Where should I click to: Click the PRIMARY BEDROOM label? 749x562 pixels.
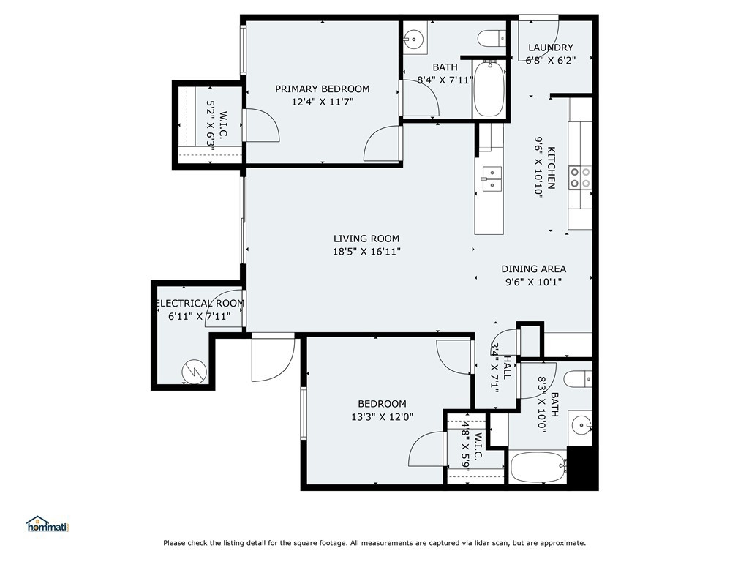click(323, 89)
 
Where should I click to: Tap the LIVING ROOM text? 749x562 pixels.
click(366, 239)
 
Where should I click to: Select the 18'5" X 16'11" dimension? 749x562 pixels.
click(366, 252)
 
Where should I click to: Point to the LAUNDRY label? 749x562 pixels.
click(551, 48)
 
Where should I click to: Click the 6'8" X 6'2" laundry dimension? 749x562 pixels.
click(551, 60)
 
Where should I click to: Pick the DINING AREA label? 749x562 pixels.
click(533, 269)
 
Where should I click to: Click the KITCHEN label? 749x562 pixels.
click(552, 168)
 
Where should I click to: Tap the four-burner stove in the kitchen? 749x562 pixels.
click(580, 177)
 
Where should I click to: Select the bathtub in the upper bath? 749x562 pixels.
click(488, 88)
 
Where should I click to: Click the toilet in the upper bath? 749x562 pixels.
click(492, 38)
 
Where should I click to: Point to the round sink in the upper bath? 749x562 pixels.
click(414, 37)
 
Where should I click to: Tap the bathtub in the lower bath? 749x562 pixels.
click(538, 467)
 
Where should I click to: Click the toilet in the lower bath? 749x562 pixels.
click(578, 380)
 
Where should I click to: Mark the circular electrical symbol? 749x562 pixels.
click(194, 370)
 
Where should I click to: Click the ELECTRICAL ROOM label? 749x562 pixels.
click(200, 304)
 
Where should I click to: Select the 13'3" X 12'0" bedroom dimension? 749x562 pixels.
click(382, 416)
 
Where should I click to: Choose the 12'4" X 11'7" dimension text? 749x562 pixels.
click(323, 102)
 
